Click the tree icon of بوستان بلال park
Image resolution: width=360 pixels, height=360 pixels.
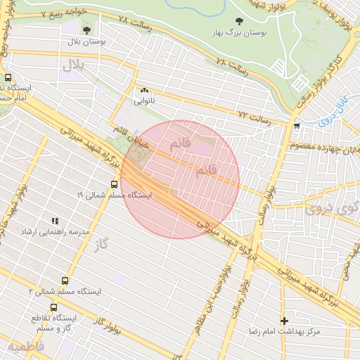87,30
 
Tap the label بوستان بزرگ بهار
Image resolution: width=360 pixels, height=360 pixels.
239,33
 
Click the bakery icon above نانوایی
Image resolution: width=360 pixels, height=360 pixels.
144,90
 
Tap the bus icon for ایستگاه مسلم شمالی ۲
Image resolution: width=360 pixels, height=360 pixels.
66,280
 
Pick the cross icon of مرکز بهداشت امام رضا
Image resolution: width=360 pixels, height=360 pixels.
284,320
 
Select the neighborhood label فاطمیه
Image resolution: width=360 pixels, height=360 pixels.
26,347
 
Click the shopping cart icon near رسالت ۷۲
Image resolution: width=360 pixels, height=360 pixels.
297,126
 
